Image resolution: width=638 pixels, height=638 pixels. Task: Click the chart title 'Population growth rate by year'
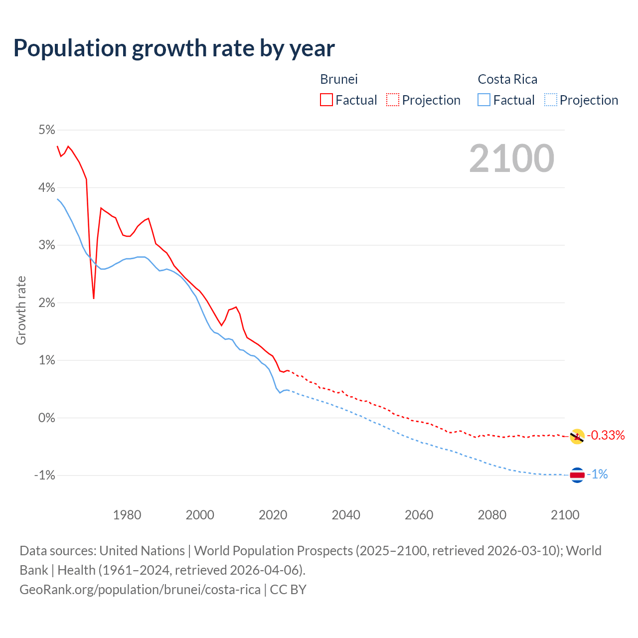174,48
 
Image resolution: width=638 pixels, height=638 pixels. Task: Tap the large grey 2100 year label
511,159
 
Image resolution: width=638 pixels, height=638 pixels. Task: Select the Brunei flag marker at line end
577,437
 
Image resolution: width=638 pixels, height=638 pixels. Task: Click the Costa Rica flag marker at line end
577,475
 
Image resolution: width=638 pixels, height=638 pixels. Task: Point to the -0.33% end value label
606,435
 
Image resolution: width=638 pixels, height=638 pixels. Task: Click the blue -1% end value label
598,475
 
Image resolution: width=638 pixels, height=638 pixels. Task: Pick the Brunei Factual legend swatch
326,100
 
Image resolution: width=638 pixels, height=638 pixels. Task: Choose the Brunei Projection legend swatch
393,100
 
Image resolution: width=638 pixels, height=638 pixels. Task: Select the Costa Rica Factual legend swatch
484,100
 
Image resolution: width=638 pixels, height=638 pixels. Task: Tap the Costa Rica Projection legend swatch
550,100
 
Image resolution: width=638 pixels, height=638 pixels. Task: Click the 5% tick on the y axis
46,130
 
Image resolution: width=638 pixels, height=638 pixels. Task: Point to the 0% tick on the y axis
46,418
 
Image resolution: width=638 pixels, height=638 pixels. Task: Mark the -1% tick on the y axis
44,476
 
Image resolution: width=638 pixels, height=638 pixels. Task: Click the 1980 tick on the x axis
127,515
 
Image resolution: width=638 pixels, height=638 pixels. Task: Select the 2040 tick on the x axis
346,515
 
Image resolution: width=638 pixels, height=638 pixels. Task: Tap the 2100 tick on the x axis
565,515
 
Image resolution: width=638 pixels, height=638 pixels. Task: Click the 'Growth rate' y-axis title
21,310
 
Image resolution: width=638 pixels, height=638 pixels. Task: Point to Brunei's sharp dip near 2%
94,298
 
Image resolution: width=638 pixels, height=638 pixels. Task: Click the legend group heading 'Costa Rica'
507,79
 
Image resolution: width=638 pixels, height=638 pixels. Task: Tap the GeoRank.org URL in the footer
140,590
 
